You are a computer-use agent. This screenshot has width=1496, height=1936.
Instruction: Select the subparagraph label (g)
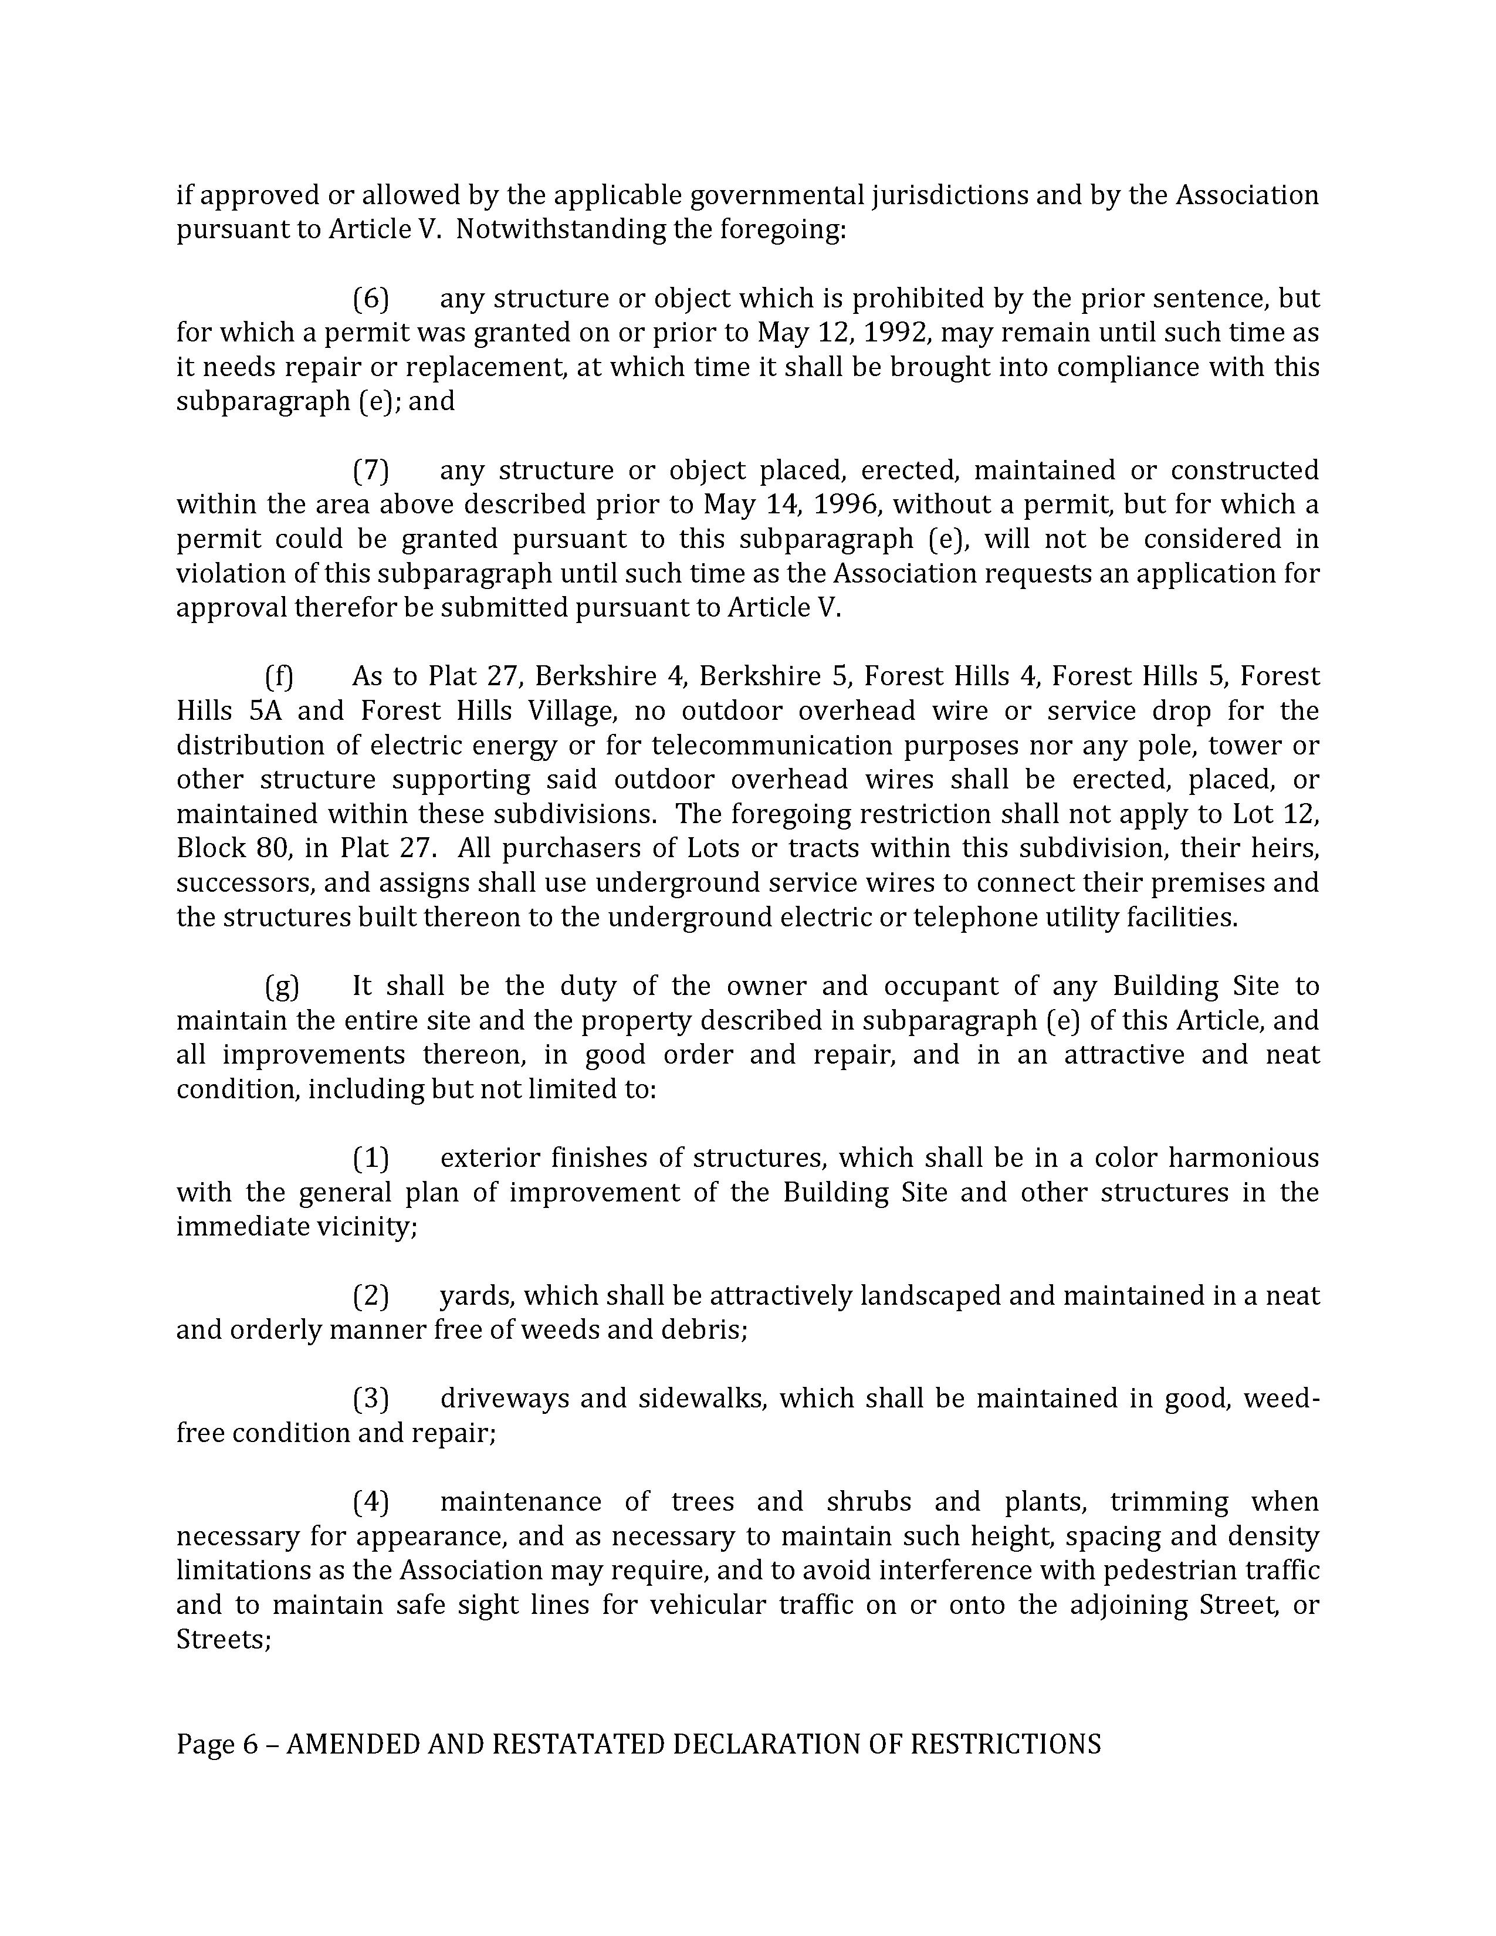(x=282, y=986)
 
